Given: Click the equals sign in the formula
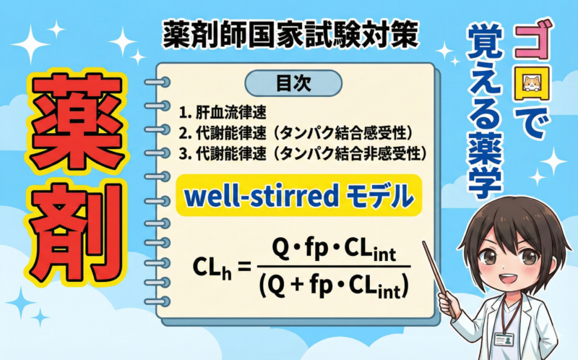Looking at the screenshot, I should click(x=243, y=266).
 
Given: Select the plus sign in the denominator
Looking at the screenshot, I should click(x=298, y=287).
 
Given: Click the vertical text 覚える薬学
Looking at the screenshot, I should click(x=483, y=108).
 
